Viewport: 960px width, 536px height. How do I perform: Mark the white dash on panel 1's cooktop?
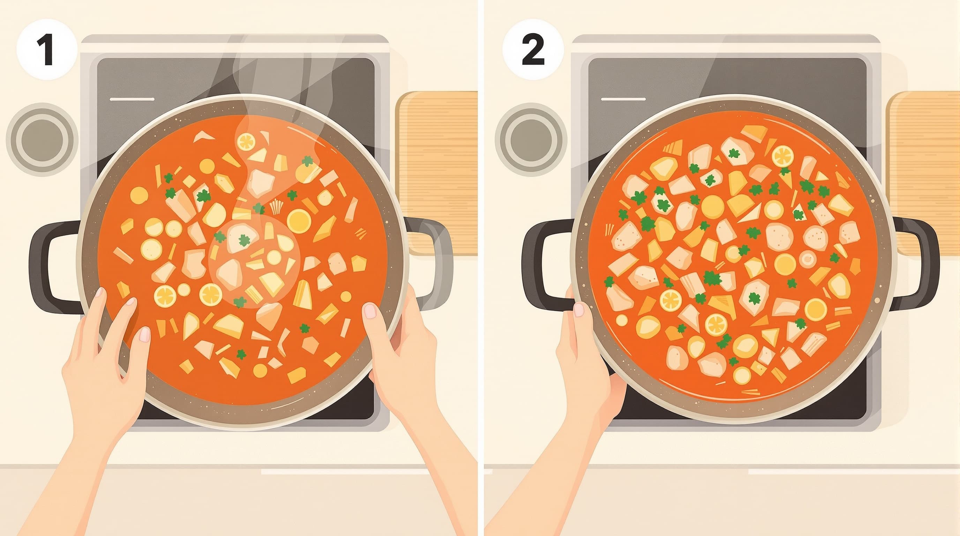[132, 99]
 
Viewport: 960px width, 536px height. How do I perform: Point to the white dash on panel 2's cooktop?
[623, 99]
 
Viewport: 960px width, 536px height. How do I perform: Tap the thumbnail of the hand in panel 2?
[578, 310]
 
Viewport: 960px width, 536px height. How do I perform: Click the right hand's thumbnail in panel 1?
[370, 311]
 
